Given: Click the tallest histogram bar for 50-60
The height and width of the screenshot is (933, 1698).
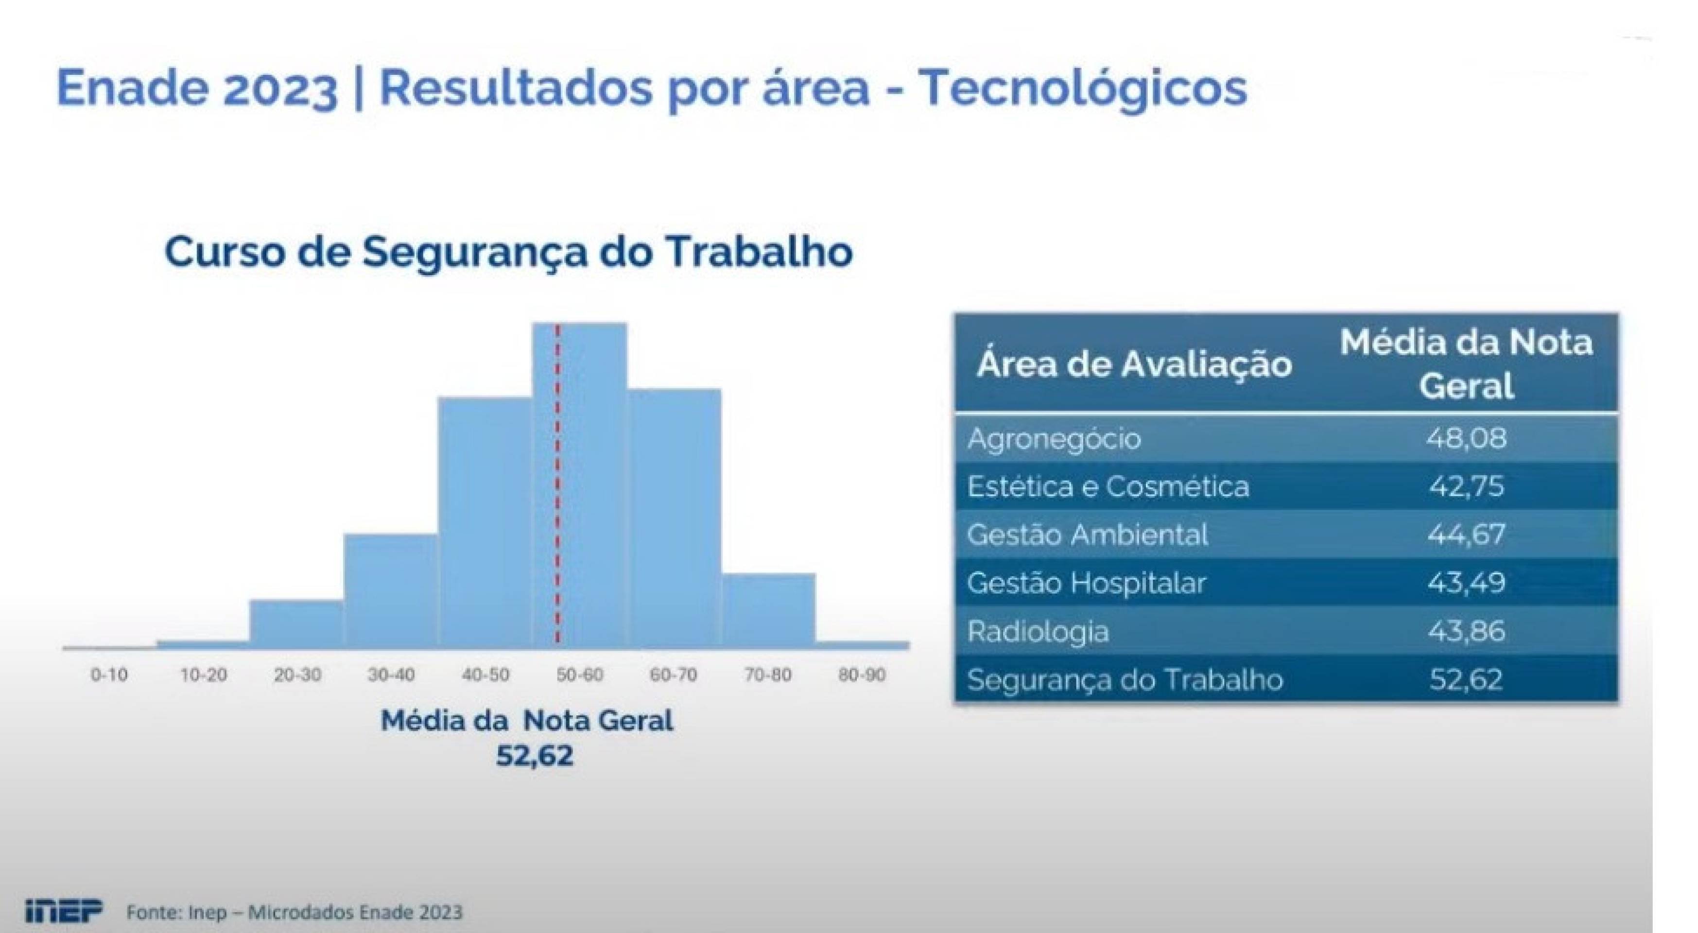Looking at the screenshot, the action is pyautogui.click(x=579, y=485).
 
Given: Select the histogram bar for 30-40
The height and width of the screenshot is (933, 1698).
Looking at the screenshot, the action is pyautogui.click(x=391, y=591).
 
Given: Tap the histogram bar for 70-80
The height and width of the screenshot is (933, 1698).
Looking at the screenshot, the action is pyautogui.click(x=769, y=611).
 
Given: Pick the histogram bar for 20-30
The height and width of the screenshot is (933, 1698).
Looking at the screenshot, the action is pyautogui.click(x=296, y=624).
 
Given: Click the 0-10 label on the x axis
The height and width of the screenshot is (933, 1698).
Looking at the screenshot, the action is pyautogui.click(x=109, y=674).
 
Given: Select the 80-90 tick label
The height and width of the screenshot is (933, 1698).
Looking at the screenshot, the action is pyautogui.click(x=862, y=674).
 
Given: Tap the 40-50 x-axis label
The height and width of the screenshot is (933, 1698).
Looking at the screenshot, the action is pyautogui.click(x=485, y=674).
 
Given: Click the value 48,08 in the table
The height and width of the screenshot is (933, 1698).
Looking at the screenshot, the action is pyautogui.click(x=1467, y=438).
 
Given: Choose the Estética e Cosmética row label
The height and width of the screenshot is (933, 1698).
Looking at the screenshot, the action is pyautogui.click(x=1108, y=487).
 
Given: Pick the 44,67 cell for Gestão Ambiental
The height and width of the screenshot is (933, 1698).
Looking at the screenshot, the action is pyautogui.click(x=1467, y=535).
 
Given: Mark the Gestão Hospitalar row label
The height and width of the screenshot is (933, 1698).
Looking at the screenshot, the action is pyautogui.click(x=1086, y=583).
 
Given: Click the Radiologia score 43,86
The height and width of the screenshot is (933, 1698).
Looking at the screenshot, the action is pyautogui.click(x=1467, y=631).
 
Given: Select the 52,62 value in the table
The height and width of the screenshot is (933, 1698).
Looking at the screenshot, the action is pyautogui.click(x=1467, y=679).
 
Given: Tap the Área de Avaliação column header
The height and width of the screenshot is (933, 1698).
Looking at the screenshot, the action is pyautogui.click(x=1134, y=364).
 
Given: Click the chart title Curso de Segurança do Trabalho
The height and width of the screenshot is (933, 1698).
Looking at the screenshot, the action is pyautogui.click(x=509, y=252).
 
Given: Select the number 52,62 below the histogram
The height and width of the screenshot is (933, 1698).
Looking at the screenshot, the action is pyautogui.click(x=535, y=756).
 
